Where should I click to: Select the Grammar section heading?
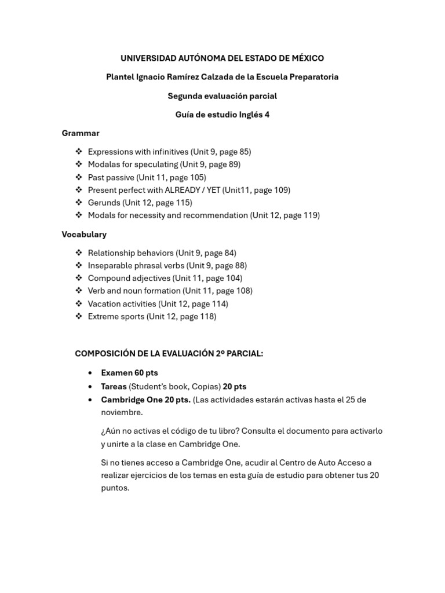pos(81,133)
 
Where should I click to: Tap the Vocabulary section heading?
pos(84,235)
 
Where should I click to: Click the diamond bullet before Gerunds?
pos(78,203)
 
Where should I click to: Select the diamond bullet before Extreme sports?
pos(78,316)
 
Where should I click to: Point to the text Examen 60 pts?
pos(129,373)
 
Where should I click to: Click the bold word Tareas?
pos(114,386)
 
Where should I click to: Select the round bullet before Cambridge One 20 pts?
pos(90,400)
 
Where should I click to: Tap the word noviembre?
pos(122,412)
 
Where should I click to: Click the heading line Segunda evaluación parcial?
pos(222,96)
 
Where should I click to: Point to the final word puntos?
pos(115,488)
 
